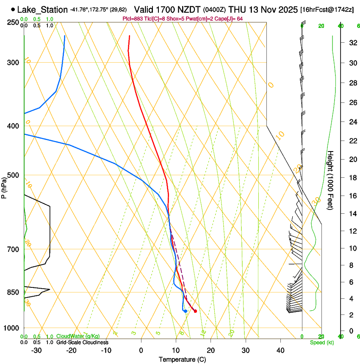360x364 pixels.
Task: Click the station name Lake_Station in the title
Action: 42,10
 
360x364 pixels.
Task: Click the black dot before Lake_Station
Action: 13,9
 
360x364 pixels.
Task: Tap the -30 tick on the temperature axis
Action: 36,350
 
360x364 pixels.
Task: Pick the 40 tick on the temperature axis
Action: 280,350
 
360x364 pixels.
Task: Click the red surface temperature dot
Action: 195,311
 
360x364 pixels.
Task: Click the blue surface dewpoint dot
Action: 186,311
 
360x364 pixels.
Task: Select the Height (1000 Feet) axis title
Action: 330,180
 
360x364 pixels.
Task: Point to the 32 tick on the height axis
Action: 352,43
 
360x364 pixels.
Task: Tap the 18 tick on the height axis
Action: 352,178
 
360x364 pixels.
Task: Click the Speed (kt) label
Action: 321,342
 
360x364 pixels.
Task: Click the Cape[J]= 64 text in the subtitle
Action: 230,19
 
